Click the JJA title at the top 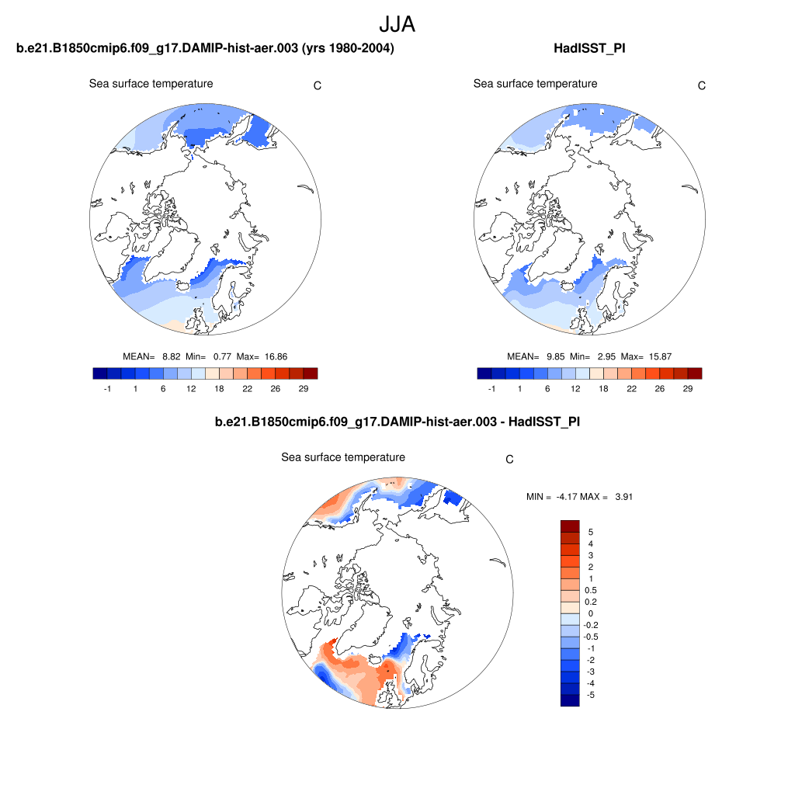click(x=397, y=25)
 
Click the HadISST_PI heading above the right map click(x=589, y=49)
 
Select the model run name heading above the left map click(x=205, y=49)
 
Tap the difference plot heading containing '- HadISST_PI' click(x=397, y=422)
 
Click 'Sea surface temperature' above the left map click(x=151, y=84)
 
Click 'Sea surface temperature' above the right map click(x=535, y=84)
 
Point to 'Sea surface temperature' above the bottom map click(x=342, y=458)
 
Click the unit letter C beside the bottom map click(x=509, y=460)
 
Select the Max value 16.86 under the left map click(x=276, y=356)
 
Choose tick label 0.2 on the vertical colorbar click(x=592, y=602)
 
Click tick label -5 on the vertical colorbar click(x=591, y=695)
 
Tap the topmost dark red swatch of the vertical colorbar click(x=570, y=526)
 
